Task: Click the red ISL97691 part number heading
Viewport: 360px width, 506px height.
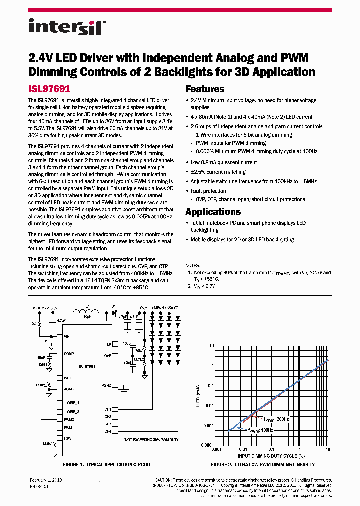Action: (x=49, y=89)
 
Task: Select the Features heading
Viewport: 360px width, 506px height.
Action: (x=205, y=89)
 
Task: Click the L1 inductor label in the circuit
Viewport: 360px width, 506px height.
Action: (x=88, y=306)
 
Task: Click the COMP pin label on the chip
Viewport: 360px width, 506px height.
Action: (x=69, y=353)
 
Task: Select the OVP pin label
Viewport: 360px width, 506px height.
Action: (x=107, y=356)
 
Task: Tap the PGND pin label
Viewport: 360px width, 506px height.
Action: (x=106, y=385)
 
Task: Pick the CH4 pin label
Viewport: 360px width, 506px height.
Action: (x=107, y=431)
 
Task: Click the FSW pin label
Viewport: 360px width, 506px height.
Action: (x=67, y=438)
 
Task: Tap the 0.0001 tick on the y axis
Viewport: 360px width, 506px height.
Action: (x=208, y=445)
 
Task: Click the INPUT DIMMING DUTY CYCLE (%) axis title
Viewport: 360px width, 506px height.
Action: (x=271, y=456)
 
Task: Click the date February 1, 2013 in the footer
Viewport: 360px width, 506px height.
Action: (x=45, y=480)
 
